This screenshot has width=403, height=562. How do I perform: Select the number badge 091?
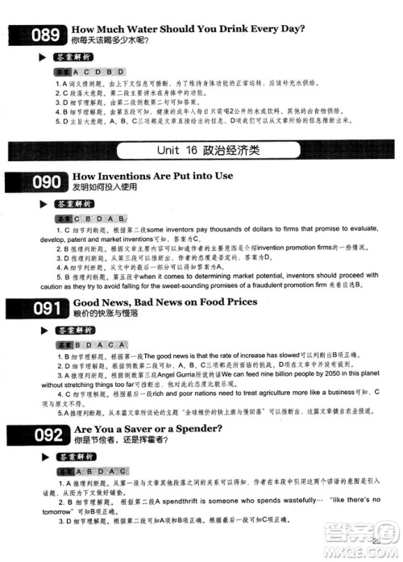pyautogui.click(x=35, y=309)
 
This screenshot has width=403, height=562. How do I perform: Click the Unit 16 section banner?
pyautogui.click(x=201, y=152)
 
